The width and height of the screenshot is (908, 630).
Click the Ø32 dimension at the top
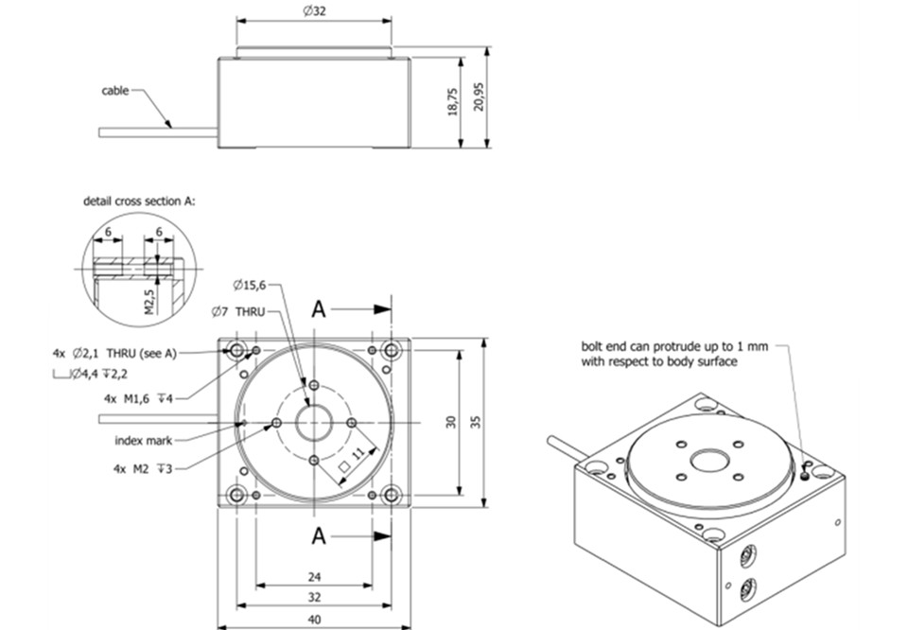tap(314, 10)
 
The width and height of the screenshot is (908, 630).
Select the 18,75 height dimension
tap(452, 102)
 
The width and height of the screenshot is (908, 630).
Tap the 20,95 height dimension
tap(480, 96)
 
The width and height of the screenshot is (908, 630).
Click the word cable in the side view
tap(115, 92)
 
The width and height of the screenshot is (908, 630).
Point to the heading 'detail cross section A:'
tap(140, 201)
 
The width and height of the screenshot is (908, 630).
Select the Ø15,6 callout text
tap(249, 285)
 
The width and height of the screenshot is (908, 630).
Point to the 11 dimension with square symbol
tap(352, 458)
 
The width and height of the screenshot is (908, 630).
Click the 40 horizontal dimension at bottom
tap(314, 620)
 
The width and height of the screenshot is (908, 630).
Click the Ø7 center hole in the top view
tap(313, 423)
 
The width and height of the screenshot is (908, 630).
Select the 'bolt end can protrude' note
tap(673, 354)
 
